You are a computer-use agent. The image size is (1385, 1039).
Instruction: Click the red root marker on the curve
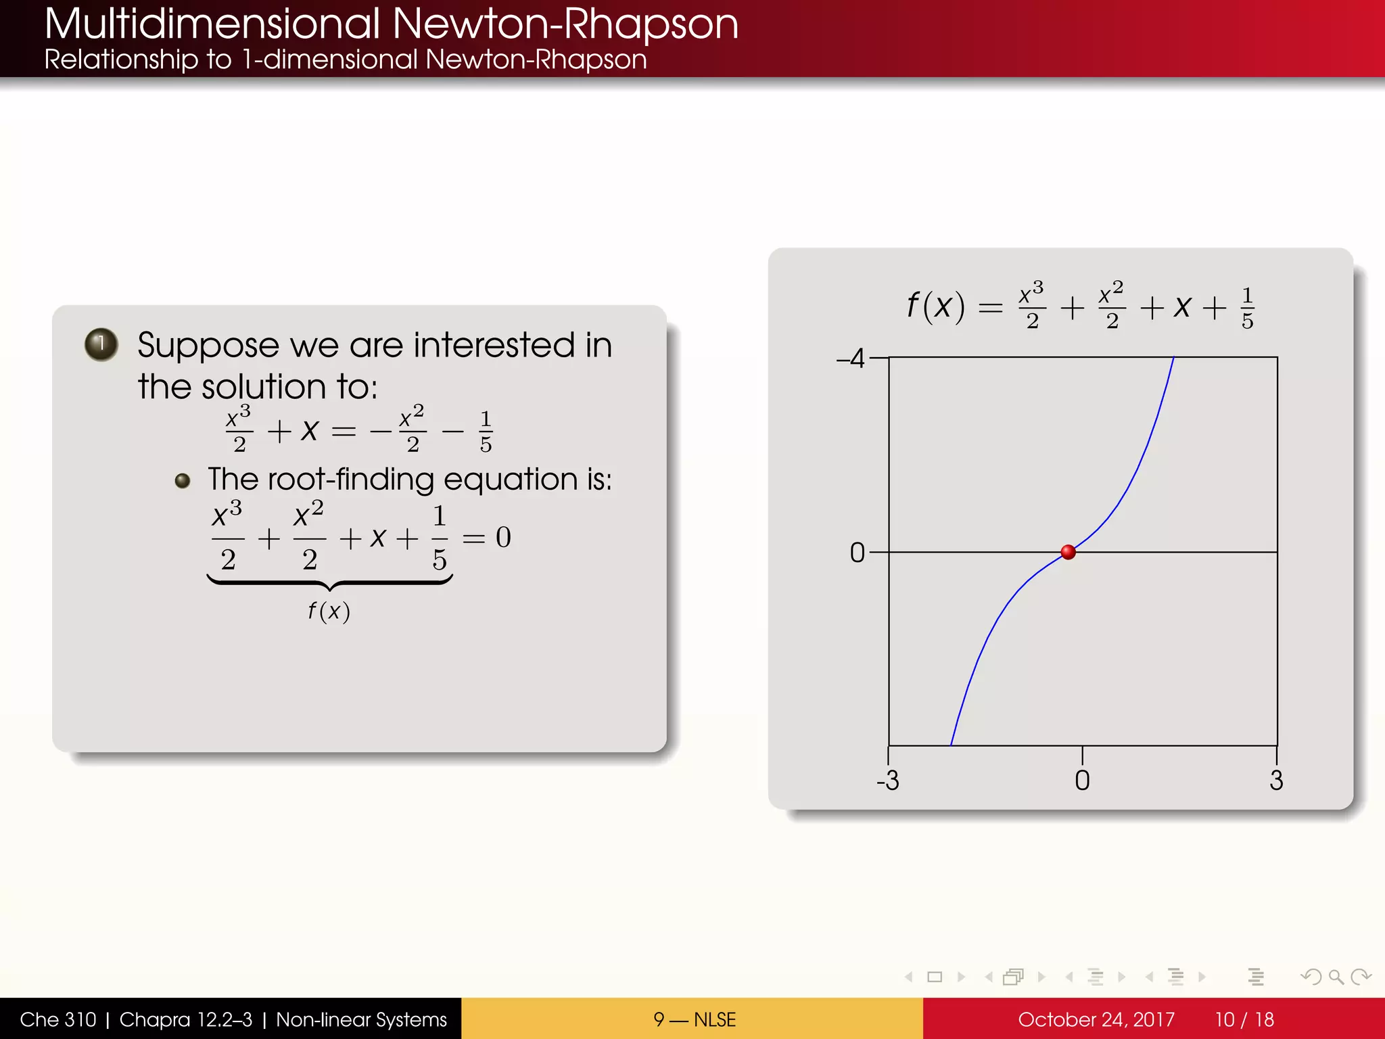[1069, 552]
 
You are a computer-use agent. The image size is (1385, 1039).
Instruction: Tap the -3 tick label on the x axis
[888, 781]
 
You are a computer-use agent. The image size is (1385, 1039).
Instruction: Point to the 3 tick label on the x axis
[1276, 781]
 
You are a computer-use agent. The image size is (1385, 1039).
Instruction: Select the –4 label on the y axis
[851, 358]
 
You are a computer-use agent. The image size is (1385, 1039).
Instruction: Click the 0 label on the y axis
[857, 553]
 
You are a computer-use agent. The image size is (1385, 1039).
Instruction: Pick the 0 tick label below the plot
[1082, 781]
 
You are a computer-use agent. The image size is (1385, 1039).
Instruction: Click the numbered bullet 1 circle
[101, 344]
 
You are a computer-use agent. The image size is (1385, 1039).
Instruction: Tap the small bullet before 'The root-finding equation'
[182, 481]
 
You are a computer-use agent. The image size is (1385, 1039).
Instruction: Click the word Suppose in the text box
[208, 346]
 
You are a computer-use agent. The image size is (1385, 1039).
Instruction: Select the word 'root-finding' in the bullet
[351, 480]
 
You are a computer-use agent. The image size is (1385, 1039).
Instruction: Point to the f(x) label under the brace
[329, 611]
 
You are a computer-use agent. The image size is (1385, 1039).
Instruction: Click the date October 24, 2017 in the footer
[1096, 1019]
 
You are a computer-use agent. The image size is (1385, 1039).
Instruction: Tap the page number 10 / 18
[1244, 1019]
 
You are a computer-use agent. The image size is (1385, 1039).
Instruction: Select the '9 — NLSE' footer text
[695, 1019]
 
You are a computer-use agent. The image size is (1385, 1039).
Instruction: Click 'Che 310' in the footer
[58, 1019]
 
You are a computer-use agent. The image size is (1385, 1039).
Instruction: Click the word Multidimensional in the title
[212, 24]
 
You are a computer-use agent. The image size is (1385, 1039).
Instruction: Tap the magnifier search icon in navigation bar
[1336, 977]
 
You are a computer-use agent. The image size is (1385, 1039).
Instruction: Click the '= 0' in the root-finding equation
[487, 538]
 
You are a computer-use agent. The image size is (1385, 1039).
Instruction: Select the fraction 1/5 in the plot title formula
[1248, 308]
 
